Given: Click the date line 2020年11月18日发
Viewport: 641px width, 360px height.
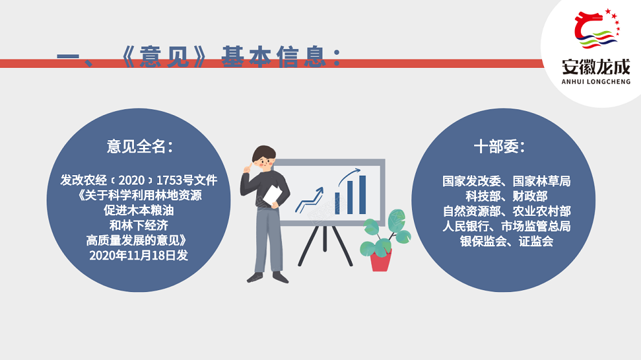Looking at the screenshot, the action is coord(138,255).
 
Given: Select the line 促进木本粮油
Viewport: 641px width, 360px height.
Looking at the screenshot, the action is coord(138,210).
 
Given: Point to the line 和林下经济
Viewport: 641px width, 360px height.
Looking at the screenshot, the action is coord(138,225).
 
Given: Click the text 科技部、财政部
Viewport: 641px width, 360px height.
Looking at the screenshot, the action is coord(506,196).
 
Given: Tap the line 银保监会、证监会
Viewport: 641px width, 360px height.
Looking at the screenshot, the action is coord(506,241).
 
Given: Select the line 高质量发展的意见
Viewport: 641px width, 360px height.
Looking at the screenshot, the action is coord(137,240).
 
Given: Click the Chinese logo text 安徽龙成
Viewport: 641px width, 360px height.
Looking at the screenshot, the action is coord(596,67).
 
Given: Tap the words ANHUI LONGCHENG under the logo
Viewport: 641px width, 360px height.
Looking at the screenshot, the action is coord(596,81).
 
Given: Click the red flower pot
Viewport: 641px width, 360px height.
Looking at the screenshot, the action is coord(380,260).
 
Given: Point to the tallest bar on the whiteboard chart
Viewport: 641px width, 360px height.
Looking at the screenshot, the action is coord(362,195).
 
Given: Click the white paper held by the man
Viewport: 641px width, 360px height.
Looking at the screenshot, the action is coord(272,195).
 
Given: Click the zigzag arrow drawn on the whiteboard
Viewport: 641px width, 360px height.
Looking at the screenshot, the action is coord(309,200).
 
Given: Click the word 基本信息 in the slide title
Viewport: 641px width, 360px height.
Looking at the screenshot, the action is coord(274,56).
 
